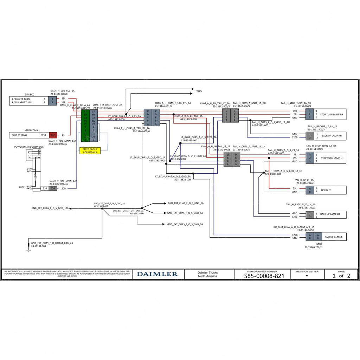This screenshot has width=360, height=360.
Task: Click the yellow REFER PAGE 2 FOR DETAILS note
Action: pos(90,150)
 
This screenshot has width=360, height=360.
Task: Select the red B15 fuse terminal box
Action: pos(53,135)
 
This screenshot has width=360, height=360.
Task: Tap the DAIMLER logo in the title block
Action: pos(157,274)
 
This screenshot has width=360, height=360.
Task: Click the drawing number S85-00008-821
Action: pos(264,276)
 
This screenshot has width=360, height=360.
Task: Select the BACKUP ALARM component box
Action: pos(333,237)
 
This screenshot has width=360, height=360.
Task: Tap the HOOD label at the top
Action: pos(199,91)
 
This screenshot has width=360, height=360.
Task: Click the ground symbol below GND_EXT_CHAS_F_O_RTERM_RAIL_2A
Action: pos(29,250)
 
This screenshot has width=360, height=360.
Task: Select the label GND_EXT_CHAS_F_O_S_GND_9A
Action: pos(185,224)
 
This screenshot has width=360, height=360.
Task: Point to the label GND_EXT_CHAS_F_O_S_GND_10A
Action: pos(50,208)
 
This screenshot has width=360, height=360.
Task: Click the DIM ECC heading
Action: pos(29,95)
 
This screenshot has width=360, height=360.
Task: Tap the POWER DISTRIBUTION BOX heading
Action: pos(29,147)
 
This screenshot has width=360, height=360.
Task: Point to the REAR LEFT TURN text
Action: pos(21,99)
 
